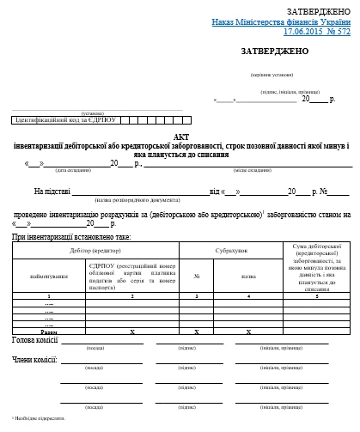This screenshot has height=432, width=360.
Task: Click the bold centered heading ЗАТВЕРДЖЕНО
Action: (274, 52)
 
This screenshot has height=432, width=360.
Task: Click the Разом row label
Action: (48, 331)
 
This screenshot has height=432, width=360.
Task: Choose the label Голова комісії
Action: (34, 340)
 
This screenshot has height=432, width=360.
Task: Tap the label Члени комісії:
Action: (34, 358)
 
